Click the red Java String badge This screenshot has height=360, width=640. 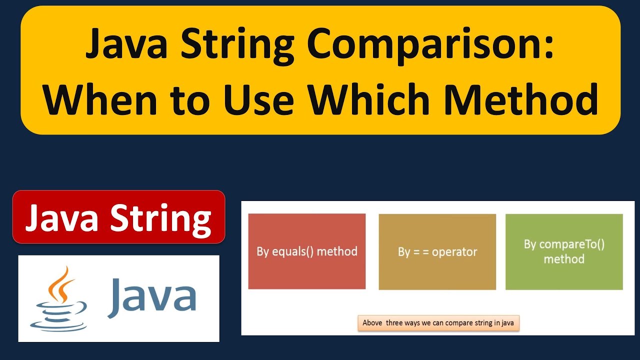tap(118, 217)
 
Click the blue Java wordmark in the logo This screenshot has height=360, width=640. tap(151, 298)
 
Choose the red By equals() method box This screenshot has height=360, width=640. tap(306, 251)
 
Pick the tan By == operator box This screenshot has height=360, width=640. tap(437, 251)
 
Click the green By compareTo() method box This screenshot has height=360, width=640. tap(564, 251)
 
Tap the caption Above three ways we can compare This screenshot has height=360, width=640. tap(439, 322)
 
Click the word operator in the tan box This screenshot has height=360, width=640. tap(454, 252)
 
